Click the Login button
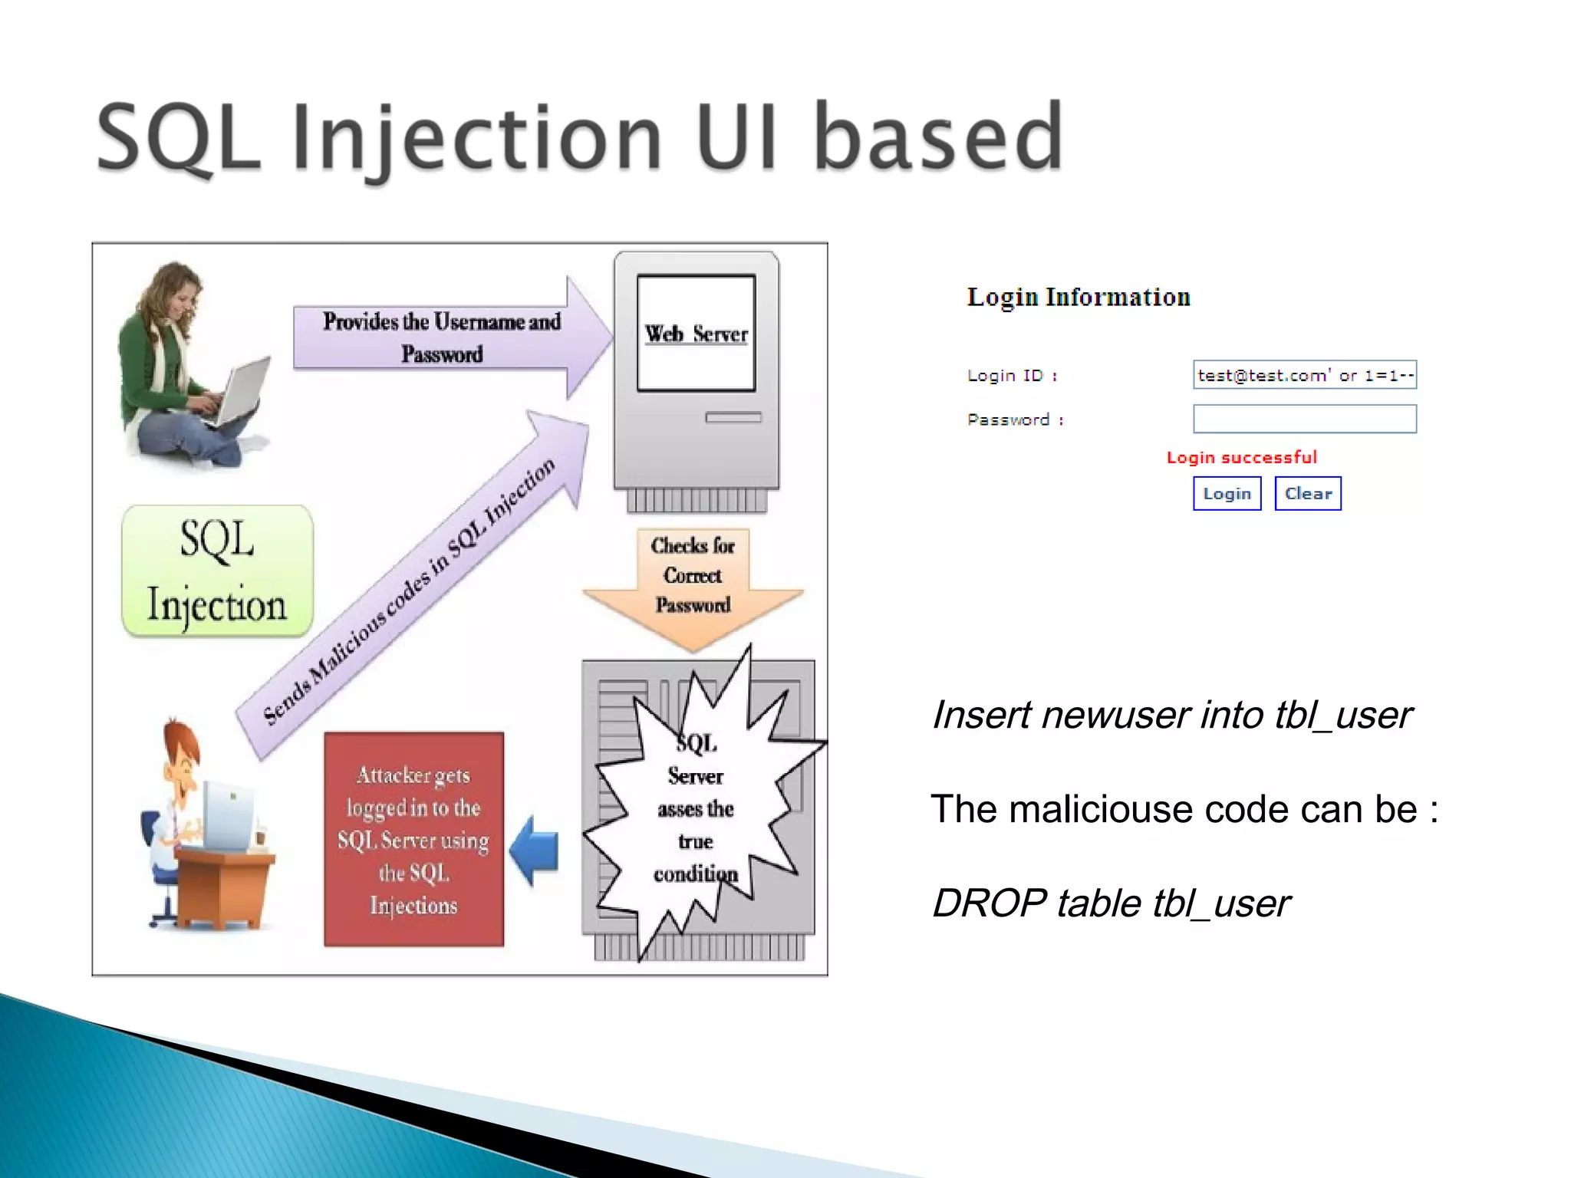click(1227, 494)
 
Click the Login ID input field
click(1304, 375)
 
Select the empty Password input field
click(1304, 420)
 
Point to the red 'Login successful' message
click(1241, 458)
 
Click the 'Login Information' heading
click(1079, 298)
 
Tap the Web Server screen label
click(696, 334)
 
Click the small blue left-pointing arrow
click(534, 851)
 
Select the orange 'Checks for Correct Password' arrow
click(693, 583)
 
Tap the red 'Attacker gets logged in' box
click(413, 840)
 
